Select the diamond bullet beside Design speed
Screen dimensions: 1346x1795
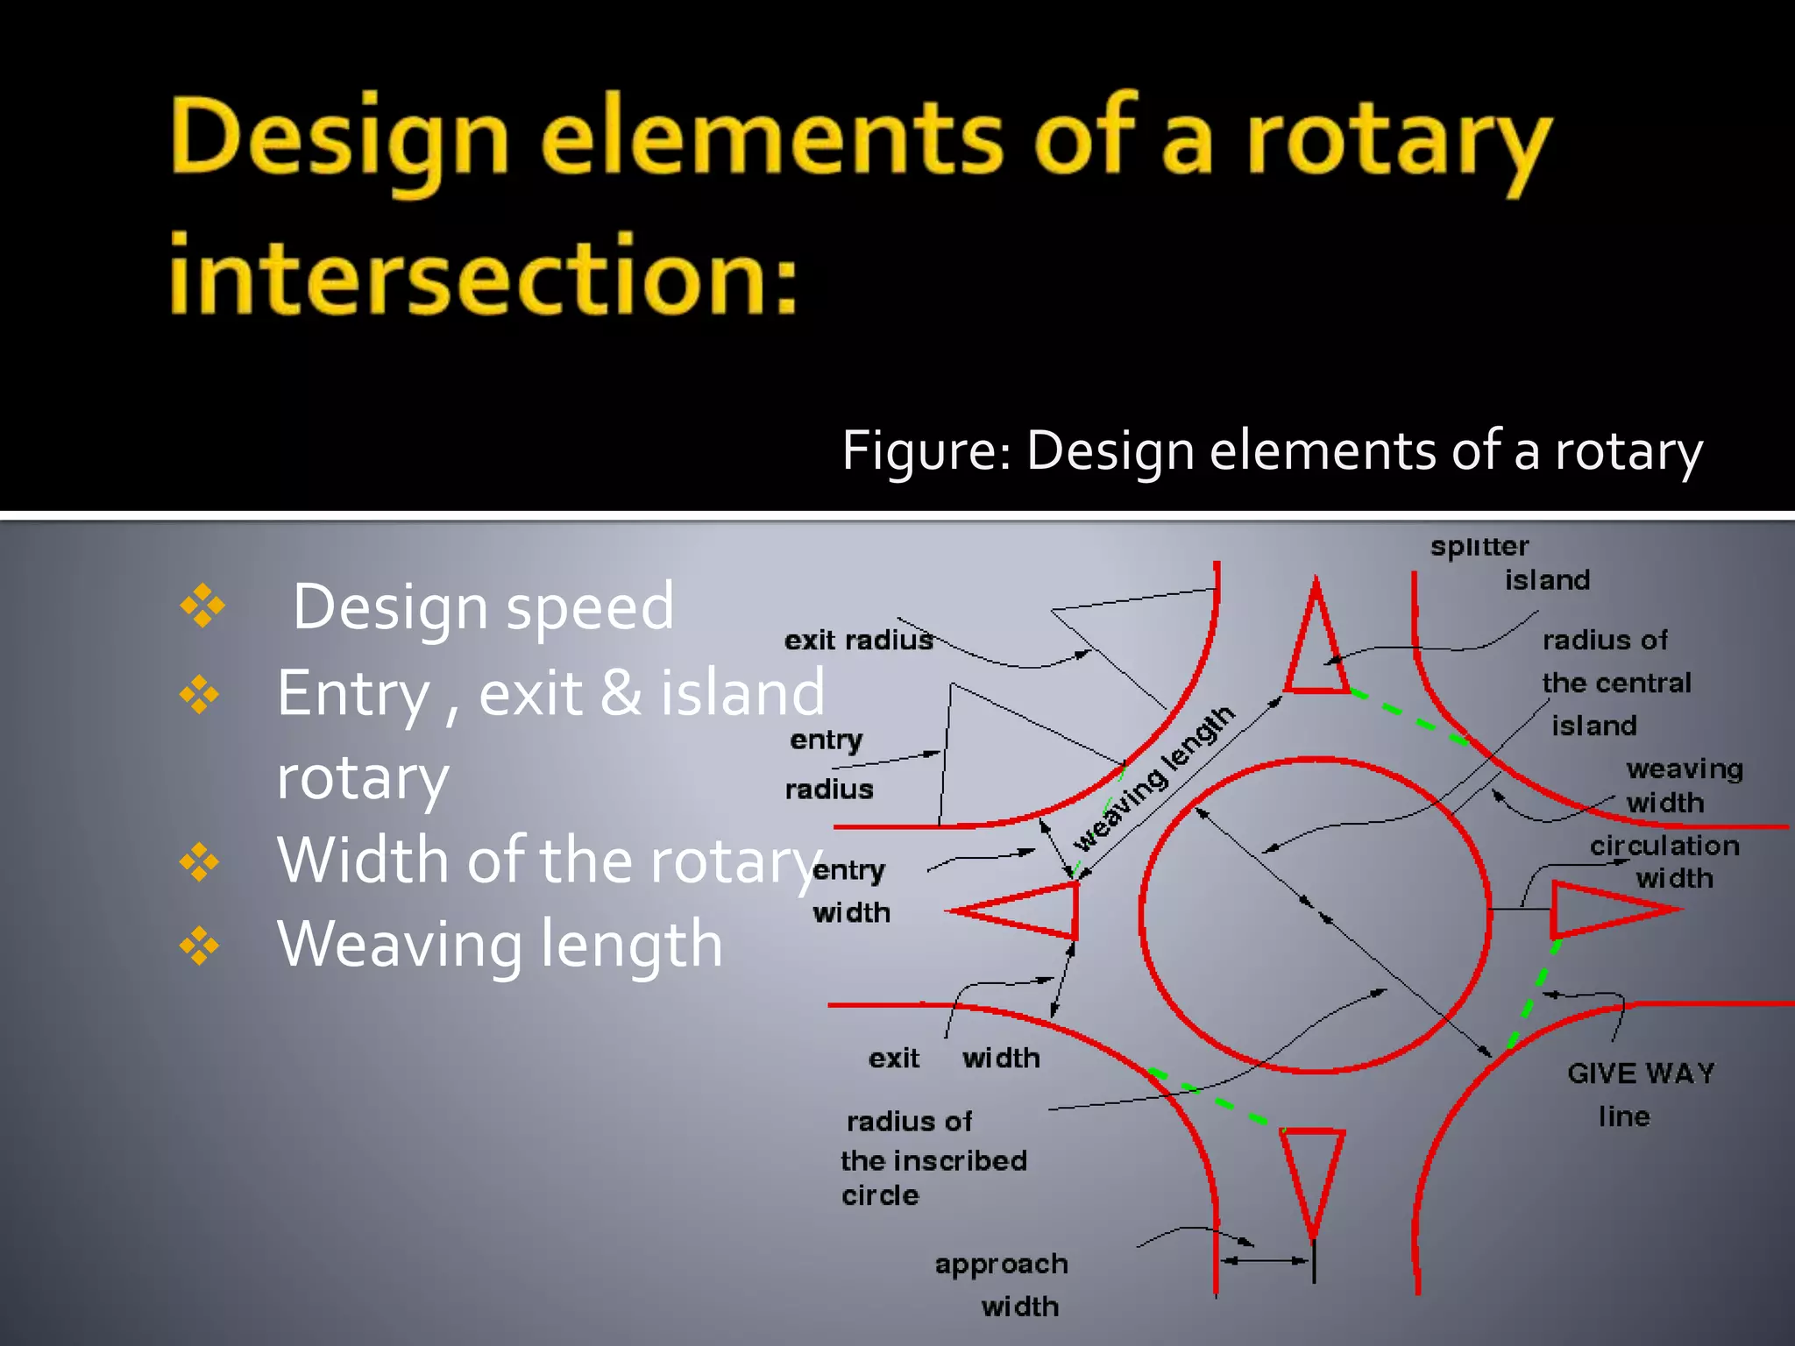(202, 606)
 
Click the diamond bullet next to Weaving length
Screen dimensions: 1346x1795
(200, 946)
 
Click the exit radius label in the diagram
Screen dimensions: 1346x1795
(858, 641)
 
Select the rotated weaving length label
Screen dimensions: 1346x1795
(1154, 779)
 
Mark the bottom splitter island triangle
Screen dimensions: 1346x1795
(1312, 1170)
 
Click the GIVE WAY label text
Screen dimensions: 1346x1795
(1640, 1073)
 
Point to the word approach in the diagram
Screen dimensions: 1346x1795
(1001, 1265)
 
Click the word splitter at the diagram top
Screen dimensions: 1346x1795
(1479, 547)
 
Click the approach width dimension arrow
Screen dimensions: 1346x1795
(1265, 1261)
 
